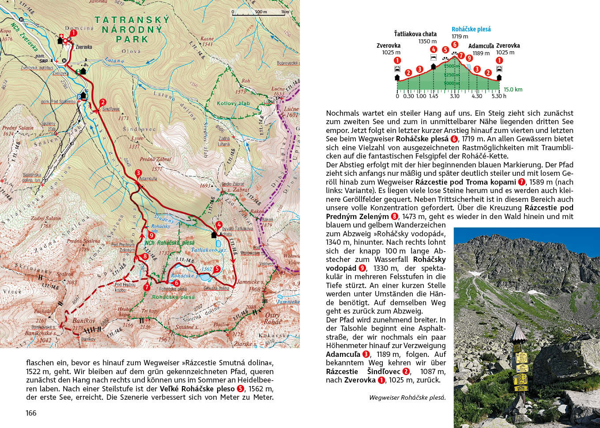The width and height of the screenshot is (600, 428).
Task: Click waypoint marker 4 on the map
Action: (219, 225)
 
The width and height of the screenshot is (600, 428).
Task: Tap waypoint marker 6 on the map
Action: (177, 283)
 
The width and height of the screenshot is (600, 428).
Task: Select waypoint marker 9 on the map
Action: (151, 236)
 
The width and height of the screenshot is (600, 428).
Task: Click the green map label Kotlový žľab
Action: (233, 103)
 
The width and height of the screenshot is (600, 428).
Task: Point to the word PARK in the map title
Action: (132, 39)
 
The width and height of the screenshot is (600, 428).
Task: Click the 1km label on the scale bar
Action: (285, 12)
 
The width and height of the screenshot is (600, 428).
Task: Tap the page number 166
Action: (31, 413)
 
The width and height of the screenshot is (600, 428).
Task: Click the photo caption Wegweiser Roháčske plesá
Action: (407, 398)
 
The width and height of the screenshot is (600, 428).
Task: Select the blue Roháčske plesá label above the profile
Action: (471, 29)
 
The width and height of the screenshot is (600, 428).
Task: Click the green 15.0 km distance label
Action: (513, 89)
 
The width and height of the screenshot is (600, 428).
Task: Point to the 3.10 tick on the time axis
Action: (454, 96)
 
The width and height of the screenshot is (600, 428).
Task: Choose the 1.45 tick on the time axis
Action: (433, 96)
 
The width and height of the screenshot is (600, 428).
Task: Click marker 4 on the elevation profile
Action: (434, 49)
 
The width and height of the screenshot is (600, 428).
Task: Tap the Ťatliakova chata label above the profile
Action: (415, 34)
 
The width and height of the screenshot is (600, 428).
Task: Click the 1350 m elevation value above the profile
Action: (427, 42)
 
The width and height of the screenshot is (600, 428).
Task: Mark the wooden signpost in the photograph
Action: (520, 362)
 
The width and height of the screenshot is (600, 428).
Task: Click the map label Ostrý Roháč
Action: (272, 318)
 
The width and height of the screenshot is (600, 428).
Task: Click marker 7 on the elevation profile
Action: (461, 56)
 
